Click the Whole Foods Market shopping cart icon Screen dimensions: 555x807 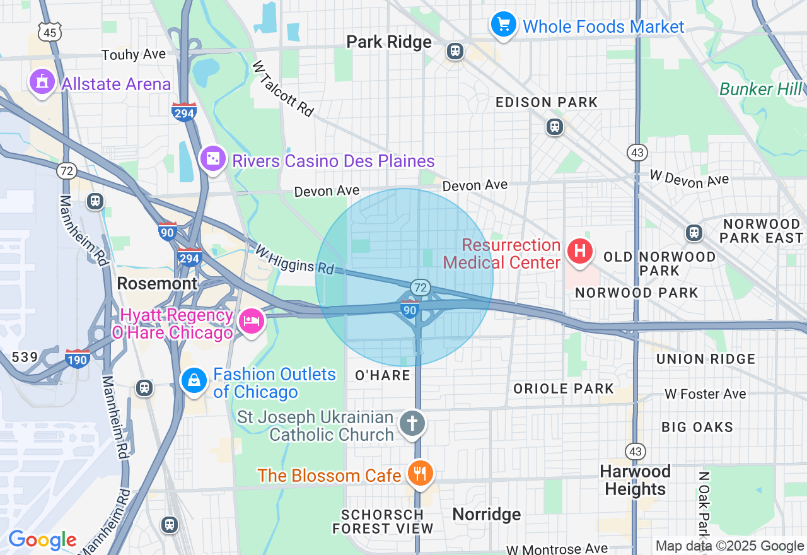pyautogui.click(x=503, y=25)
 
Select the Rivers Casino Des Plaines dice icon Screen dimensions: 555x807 pyautogui.click(x=213, y=160)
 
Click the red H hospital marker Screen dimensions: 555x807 pyautogui.click(x=579, y=251)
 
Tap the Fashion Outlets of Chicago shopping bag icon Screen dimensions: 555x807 pyautogui.click(x=194, y=381)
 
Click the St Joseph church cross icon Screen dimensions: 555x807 pyautogui.click(x=413, y=424)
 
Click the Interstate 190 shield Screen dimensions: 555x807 pyautogui.click(x=78, y=358)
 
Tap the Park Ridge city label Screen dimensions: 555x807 pyautogui.click(x=389, y=42)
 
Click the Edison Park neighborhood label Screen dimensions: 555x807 pyautogui.click(x=546, y=102)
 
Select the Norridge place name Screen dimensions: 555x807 pyautogui.click(x=487, y=515)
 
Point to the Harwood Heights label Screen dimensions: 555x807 pyautogui.click(x=635, y=480)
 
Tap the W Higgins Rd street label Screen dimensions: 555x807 pyautogui.click(x=294, y=259)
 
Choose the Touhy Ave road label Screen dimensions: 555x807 pyautogui.click(x=134, y=55)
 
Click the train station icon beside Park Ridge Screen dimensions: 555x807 pyautogui.click(x=455, y=51)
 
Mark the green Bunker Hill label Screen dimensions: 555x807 pyautogui.click(x=760, y=90)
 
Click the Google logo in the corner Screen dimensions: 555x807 pyautogui.click(x=42, y=540)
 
